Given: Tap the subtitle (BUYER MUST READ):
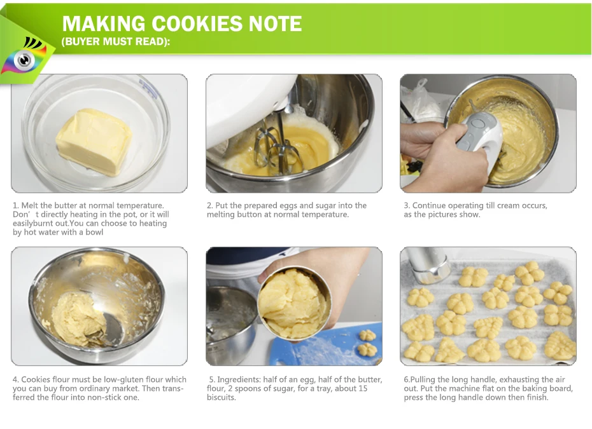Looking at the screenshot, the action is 116,41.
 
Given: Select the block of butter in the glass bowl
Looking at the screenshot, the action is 94,142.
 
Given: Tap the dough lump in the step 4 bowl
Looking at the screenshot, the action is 78,319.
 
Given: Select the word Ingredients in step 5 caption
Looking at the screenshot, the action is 239,379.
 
